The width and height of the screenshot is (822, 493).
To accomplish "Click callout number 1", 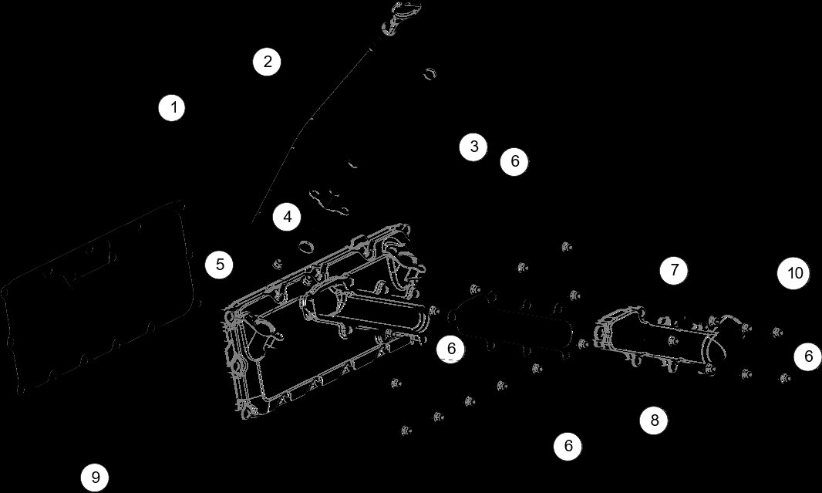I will [x=173, y=107].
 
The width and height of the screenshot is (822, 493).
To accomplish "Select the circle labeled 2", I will [x=267, y=62].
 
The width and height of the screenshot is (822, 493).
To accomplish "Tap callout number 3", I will [x=473, y=147].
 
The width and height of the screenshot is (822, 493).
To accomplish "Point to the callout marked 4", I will [x=287, y=218].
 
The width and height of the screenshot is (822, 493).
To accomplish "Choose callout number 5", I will [x=220, y=265].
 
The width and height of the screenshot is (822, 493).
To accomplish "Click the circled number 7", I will [x=674, y=270].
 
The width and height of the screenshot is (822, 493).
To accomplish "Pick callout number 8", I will [x=654, y=420].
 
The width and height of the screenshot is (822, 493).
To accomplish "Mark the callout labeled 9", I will [x=95, y=478].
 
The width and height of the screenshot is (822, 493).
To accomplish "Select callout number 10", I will [x=795, y=273].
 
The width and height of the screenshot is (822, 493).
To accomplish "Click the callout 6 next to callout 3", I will [x=514, y=162].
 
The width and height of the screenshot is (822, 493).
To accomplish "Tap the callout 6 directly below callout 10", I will [x=807, y=356].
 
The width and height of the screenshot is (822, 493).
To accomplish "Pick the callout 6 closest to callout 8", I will [x=568, y=446].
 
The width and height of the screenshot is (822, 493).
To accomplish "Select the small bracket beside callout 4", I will [x=328, y=199].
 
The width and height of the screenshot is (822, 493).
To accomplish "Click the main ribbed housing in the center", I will [x=324, y=324].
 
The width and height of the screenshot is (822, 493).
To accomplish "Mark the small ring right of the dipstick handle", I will [x=430, y=73].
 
